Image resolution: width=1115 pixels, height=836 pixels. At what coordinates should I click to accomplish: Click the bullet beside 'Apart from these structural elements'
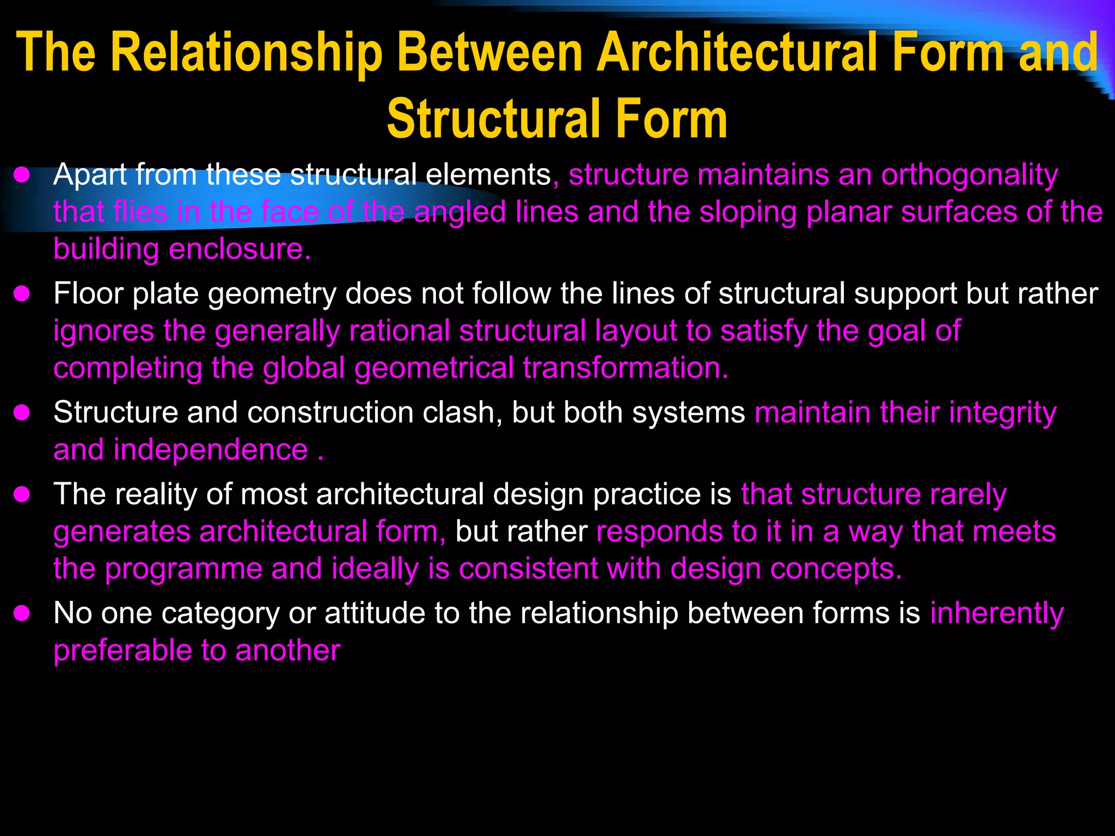pos(22,175)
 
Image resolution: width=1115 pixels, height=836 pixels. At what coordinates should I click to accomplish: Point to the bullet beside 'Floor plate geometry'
pos(22,294)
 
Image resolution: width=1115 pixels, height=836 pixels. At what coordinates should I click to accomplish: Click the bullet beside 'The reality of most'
pos(22,495)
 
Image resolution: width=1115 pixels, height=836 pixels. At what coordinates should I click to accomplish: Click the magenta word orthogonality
pos(969,175)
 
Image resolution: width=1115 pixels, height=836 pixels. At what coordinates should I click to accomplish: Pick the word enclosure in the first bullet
pos(240,250)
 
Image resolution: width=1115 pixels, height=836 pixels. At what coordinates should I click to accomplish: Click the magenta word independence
pos(211,450)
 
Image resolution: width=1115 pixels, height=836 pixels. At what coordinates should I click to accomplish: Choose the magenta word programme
pos(183,569)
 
